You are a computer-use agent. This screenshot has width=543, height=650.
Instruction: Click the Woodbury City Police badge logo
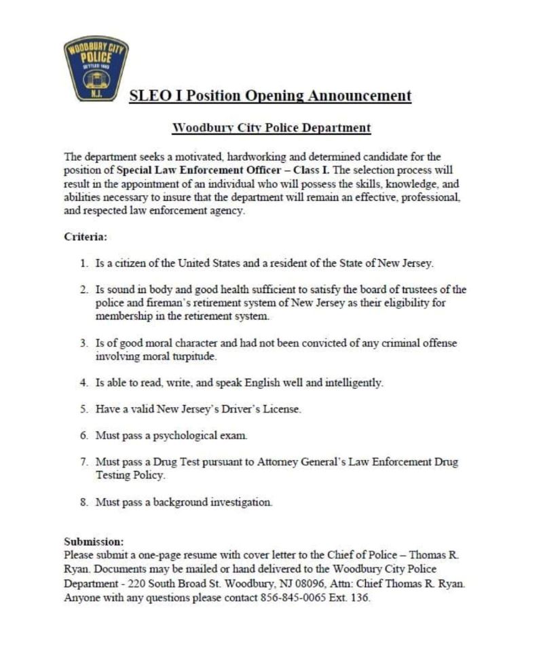(x=96, y=68)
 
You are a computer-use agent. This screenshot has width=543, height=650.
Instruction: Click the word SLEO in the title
(x=149, y=96)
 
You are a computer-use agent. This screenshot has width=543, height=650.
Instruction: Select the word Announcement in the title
(x=360, y=96)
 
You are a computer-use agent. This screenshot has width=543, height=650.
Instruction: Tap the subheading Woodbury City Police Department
(x=271, y=128)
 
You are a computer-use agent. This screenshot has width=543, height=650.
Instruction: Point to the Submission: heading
(x=94, y=541)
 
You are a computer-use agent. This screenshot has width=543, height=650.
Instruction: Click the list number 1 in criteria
(x=83, y=263)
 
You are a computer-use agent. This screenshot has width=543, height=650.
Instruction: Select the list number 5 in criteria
(x=83, y=409)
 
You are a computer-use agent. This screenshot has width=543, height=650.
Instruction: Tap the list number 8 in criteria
(x=83, y=502)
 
